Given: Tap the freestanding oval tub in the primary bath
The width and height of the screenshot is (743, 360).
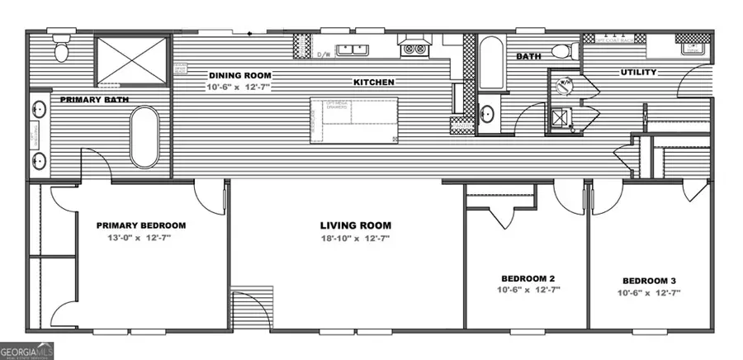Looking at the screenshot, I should click(x=145, y=137).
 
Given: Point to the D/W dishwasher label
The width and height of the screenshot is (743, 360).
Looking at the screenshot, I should click(x=325, y=55).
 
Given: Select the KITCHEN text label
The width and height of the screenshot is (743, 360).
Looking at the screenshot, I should click(x=373, y=83).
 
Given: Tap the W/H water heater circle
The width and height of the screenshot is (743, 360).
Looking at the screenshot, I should click(x=566, y=83).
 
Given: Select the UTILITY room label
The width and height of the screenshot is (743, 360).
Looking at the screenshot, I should click(x=638, y=73).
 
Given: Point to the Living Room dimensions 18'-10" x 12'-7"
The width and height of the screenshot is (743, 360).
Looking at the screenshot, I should click(x=355, y=239).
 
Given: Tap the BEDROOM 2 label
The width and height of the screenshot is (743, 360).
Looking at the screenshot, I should click(x=527, y=277).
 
